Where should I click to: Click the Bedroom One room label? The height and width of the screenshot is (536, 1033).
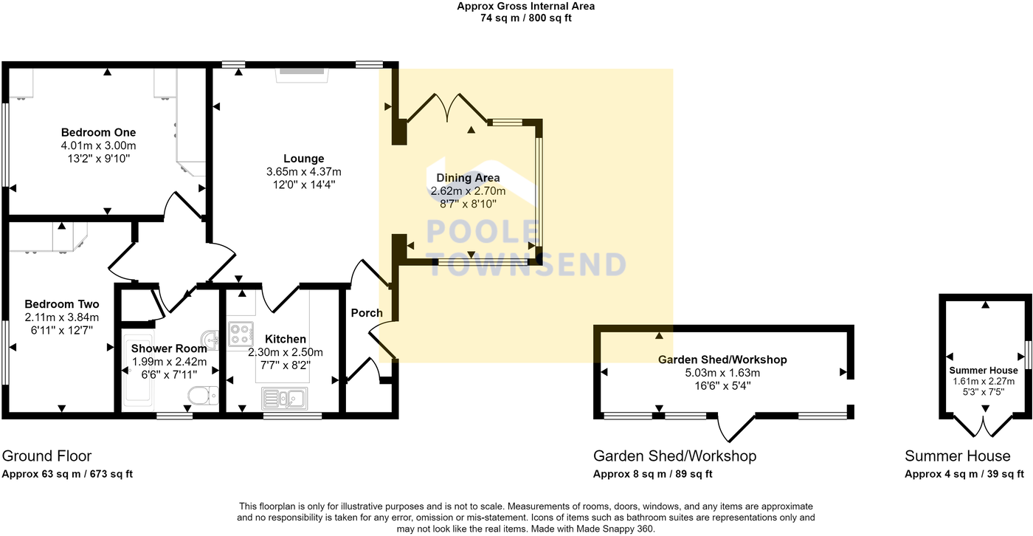tap(98, 133)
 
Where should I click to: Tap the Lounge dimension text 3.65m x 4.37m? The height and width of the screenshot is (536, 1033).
tap(304, 171)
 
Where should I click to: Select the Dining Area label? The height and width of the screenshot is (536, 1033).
tap(468, 178)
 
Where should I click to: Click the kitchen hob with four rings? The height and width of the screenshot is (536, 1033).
tap(241, 334)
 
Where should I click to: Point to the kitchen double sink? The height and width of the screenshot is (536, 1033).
tap(286, 399)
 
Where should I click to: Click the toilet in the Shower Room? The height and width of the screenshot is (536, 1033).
tap(201, 396)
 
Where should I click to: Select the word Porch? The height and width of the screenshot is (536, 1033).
tap(367, 313)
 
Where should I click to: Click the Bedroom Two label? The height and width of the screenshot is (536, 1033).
tap(62, 304)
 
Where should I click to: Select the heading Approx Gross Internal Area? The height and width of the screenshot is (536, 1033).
tap(525, 7)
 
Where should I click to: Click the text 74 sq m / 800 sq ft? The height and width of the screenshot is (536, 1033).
tap(525, 18)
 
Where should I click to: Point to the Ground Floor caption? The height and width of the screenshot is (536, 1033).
tap(47, 456)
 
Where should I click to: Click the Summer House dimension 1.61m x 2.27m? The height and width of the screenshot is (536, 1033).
tap(984, 381)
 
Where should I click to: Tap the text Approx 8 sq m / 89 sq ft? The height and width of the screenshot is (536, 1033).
tap(653, 474)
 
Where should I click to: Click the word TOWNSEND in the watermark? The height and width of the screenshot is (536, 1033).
tap(527, 264)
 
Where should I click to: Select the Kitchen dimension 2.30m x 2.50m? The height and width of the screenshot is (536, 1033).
tap(286, 352)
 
